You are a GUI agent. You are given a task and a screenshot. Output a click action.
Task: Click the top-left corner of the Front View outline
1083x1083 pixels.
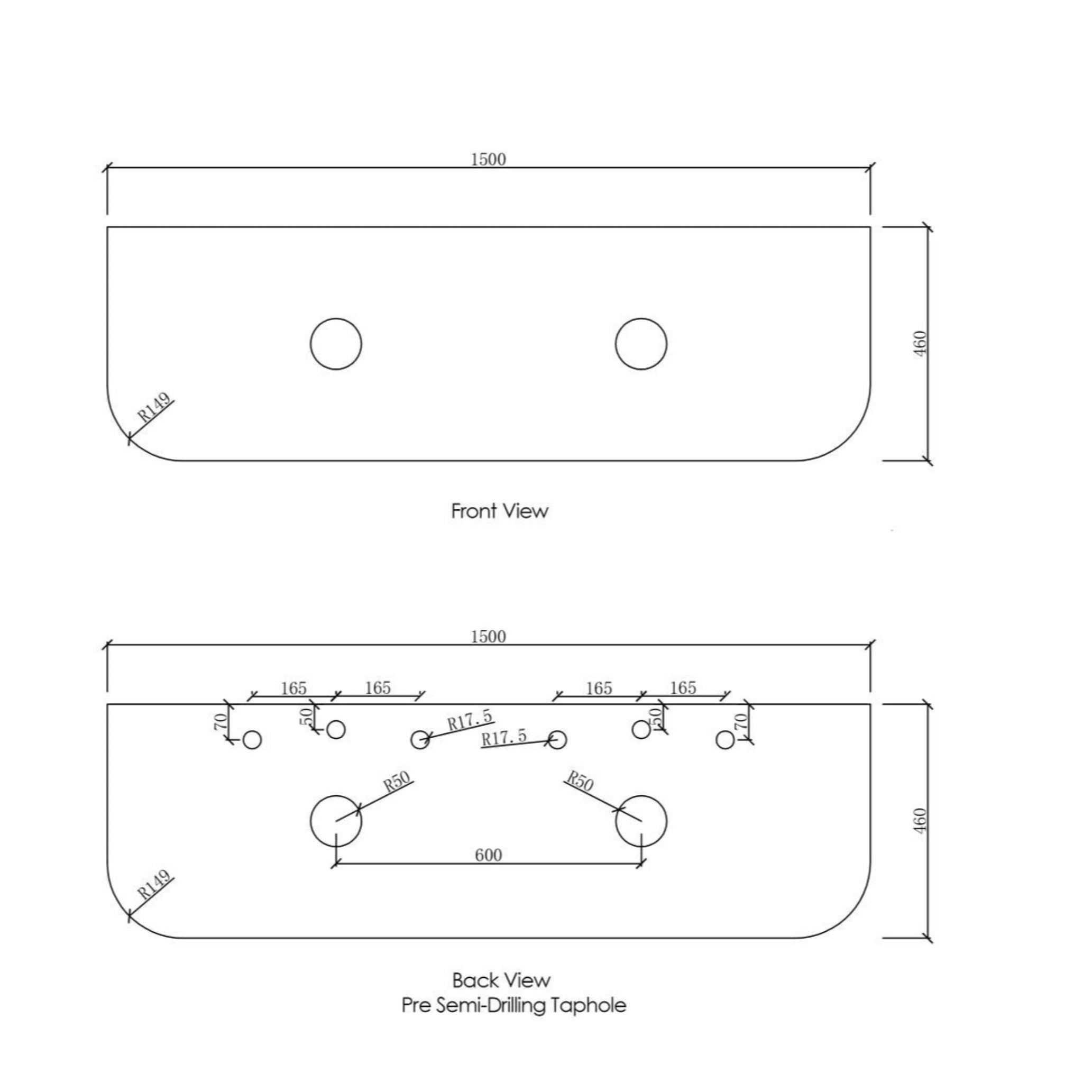click(107, 227)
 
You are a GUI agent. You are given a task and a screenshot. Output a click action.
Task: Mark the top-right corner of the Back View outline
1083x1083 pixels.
click(870, 703)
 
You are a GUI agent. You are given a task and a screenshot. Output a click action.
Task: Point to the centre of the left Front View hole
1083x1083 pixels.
click(336, 344)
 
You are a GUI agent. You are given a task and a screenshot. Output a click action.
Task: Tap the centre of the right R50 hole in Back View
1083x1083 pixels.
click(641, 821)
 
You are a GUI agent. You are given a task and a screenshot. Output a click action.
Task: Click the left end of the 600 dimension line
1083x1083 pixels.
click(336, 864)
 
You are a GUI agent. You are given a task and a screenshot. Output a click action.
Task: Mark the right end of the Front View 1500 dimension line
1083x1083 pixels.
click(870, 167)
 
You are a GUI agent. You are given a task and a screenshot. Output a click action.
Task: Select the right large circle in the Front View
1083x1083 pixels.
click(641, 344)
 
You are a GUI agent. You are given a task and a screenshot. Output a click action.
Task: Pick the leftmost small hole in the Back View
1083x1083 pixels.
click(252, 740)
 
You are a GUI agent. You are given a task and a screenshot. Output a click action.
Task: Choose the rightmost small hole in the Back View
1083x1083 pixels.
click(726, 740)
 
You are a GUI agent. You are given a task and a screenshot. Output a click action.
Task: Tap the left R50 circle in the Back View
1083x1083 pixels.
click(336, 821)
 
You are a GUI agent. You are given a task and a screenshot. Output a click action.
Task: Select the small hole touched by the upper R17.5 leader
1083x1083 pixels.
click(420, 740)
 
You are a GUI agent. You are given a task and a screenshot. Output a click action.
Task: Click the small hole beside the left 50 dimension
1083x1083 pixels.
click(336, 729)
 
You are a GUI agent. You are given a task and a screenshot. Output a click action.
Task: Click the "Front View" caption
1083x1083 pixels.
click(499, 511)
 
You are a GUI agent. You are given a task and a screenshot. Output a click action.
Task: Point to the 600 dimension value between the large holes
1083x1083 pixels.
click(488, 855)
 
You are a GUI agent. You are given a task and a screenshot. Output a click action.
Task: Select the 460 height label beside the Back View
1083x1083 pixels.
click(921, 821)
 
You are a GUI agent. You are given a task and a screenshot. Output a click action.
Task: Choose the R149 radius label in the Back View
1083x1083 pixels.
click(154, 885)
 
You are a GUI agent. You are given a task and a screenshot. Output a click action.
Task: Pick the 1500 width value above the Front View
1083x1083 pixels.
click(488, 160)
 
